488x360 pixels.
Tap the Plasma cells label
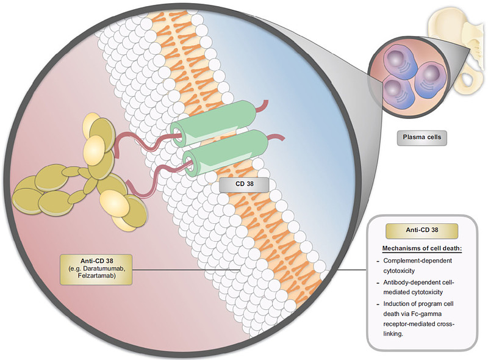tap(421, 139)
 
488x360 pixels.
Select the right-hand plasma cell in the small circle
tap(434, 77)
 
